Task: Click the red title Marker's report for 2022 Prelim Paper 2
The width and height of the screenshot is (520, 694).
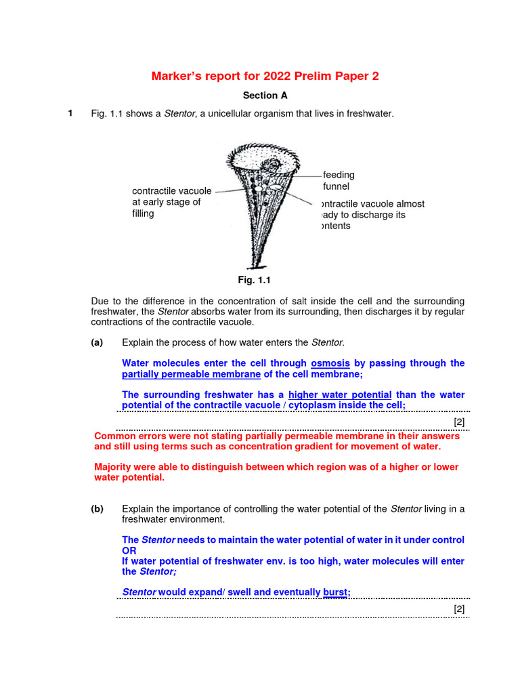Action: click(265, 76)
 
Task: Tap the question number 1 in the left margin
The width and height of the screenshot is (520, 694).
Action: click(70, 113)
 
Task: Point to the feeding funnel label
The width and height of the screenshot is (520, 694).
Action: click(339, 180)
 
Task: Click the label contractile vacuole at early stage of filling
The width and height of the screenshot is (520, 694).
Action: click(171, 202)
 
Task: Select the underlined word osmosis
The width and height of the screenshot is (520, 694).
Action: click(330, 363)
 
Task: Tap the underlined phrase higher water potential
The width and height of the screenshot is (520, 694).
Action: click(340, 394)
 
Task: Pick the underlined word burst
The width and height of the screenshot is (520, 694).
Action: click(335, 592)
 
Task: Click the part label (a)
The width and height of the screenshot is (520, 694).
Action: click(97, 342)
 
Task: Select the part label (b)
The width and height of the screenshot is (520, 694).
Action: click(97, 509)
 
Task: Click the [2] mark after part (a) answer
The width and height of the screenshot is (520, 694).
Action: click(459, 422)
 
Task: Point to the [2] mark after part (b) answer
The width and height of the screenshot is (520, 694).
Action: click(459, 609)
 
